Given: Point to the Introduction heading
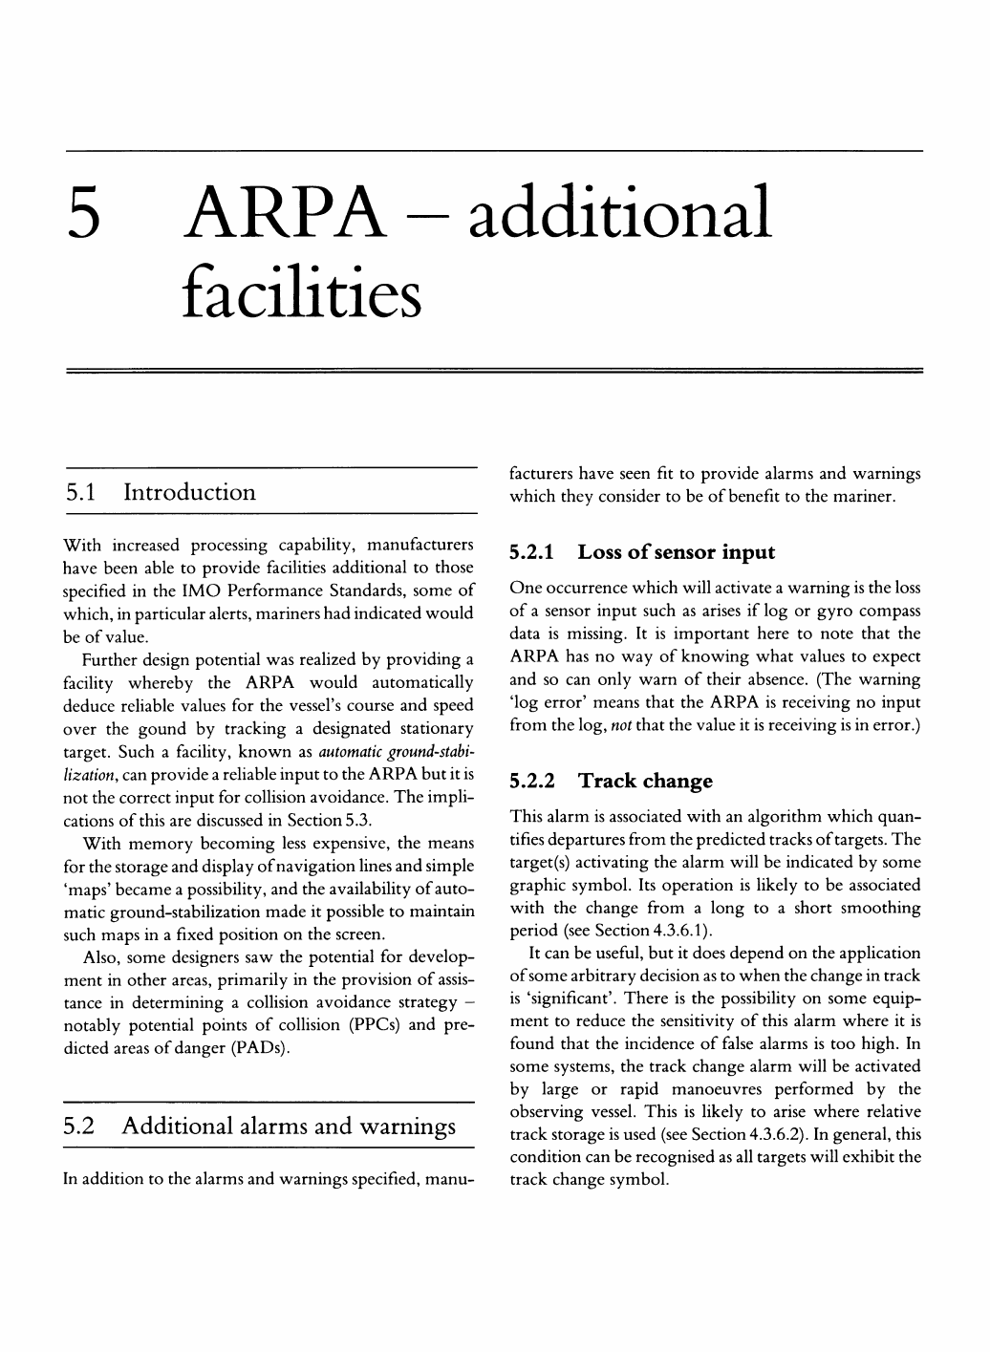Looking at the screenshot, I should [190, 493].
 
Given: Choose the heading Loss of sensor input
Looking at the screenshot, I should [677, 552].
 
